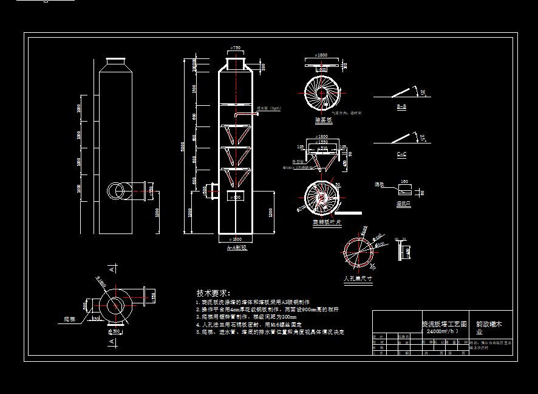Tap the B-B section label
click(x=401, y=107)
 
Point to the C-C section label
click(x=401, y=154)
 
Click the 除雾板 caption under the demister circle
click(x=323, y=120)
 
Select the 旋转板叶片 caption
click(x=327, y=223)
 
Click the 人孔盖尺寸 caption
click(x=358, y=278)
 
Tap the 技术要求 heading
click(x=213, y=293)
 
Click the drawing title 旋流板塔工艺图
click(x=444, y=325)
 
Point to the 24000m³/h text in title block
click(x=443, y=332)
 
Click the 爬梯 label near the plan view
click(x=71, y=319)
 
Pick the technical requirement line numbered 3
click(x=246, y=317)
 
